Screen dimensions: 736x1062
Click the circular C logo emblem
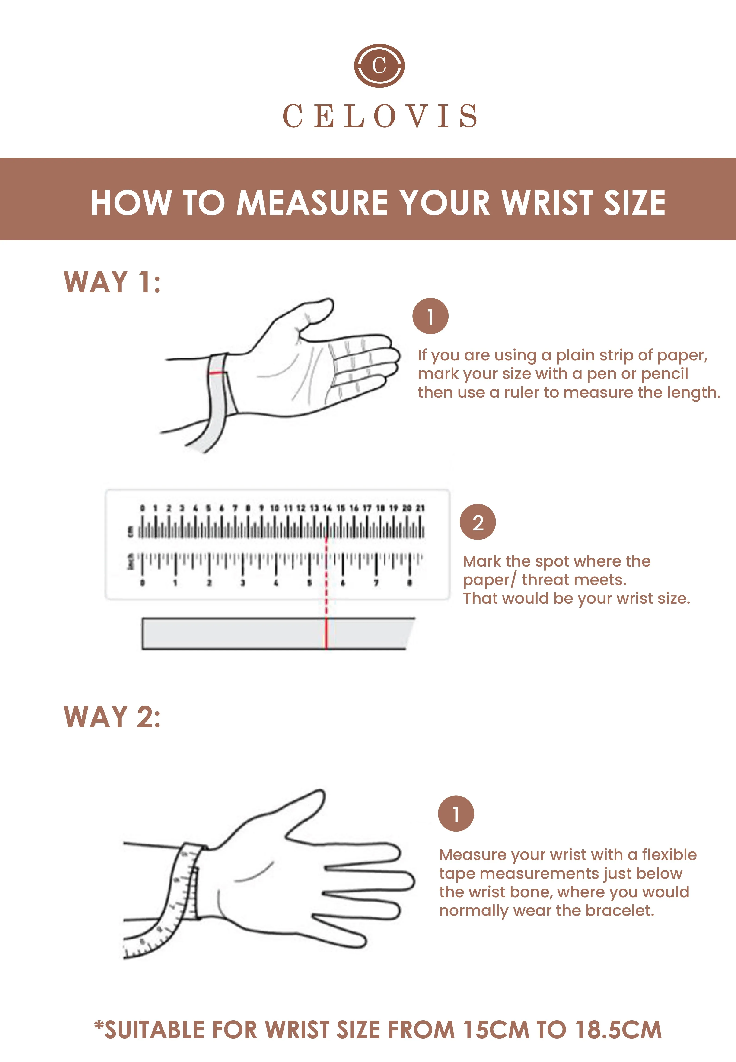click(379, 65)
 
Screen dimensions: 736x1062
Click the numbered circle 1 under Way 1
click(430, 316)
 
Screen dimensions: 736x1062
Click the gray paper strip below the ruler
click(277, 633)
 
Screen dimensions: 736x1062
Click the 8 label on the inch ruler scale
click(410, 583)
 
